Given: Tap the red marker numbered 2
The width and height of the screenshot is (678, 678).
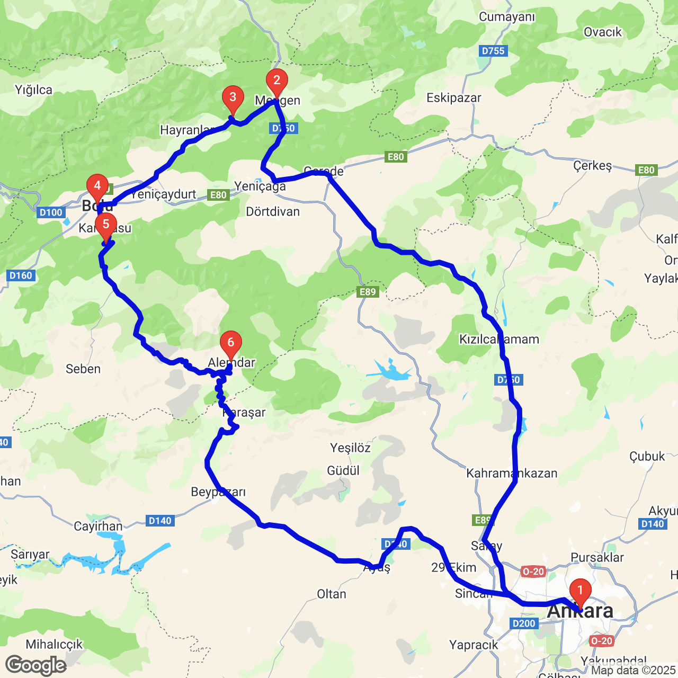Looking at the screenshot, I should tap(276, 81).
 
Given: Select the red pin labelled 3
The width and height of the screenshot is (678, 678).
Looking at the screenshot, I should tap(233, 98).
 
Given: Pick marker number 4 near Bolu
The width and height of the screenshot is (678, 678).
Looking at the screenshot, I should tap(97, 186).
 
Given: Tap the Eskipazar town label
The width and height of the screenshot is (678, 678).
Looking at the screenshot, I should tap(454, 98).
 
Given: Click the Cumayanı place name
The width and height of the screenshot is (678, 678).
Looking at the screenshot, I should tap(507, 17).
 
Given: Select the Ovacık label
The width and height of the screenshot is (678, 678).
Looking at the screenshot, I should tap(603, 32).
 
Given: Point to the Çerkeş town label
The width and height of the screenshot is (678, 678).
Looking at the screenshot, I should tap(593, 166).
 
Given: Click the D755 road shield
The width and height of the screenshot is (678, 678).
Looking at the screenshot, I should tap(493, 51).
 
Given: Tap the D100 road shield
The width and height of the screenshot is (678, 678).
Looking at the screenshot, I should tap(51, 212).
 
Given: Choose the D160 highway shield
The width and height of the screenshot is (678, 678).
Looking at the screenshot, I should tap(21, 275).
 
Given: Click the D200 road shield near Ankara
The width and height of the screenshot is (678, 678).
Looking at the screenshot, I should tap(524, 623).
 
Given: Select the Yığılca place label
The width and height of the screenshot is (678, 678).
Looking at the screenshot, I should tap(34, 90).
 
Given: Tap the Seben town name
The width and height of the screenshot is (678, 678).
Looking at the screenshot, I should tap(83, 369).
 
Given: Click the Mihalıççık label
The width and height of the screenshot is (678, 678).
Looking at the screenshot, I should tap(55, 645).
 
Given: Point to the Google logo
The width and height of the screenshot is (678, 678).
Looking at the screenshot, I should tap(36, 665).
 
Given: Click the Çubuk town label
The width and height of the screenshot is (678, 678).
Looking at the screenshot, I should tap(647, 457).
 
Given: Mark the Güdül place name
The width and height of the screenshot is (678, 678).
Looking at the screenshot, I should tap(343, 471).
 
